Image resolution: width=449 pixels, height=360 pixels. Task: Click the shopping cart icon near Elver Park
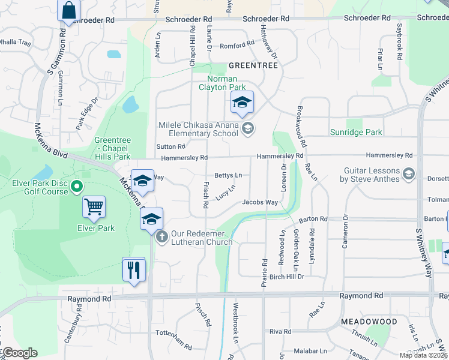[x=94, y=207]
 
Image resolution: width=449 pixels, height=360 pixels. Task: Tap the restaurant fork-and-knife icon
[x=134, y=269]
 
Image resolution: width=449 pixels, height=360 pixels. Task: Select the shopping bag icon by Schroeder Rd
[x=69, y=10]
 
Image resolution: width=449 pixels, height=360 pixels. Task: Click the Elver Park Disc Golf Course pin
[x=76, y=187]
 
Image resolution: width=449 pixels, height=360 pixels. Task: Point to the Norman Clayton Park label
[x=222, y=83]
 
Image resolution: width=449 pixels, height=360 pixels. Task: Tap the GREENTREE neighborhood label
[x=252, y=65]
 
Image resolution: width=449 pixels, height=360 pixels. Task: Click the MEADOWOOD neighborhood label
[x=369, y=322]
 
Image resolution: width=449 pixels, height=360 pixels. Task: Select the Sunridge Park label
[x=356, y=132]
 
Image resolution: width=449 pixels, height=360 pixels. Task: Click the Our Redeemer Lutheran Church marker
[x=161, y=238]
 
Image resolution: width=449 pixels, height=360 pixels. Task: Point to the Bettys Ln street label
[x=228, y=175]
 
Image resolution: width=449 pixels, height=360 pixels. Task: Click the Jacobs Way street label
[x=260, y=202]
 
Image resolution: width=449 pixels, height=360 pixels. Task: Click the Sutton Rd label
[x=171, y=146]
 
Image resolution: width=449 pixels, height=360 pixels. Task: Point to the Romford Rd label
[x=233, y=46]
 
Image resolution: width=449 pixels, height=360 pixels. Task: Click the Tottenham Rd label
[x=173, y=347]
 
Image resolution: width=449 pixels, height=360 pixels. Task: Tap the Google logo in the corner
[x=20, y=353]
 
